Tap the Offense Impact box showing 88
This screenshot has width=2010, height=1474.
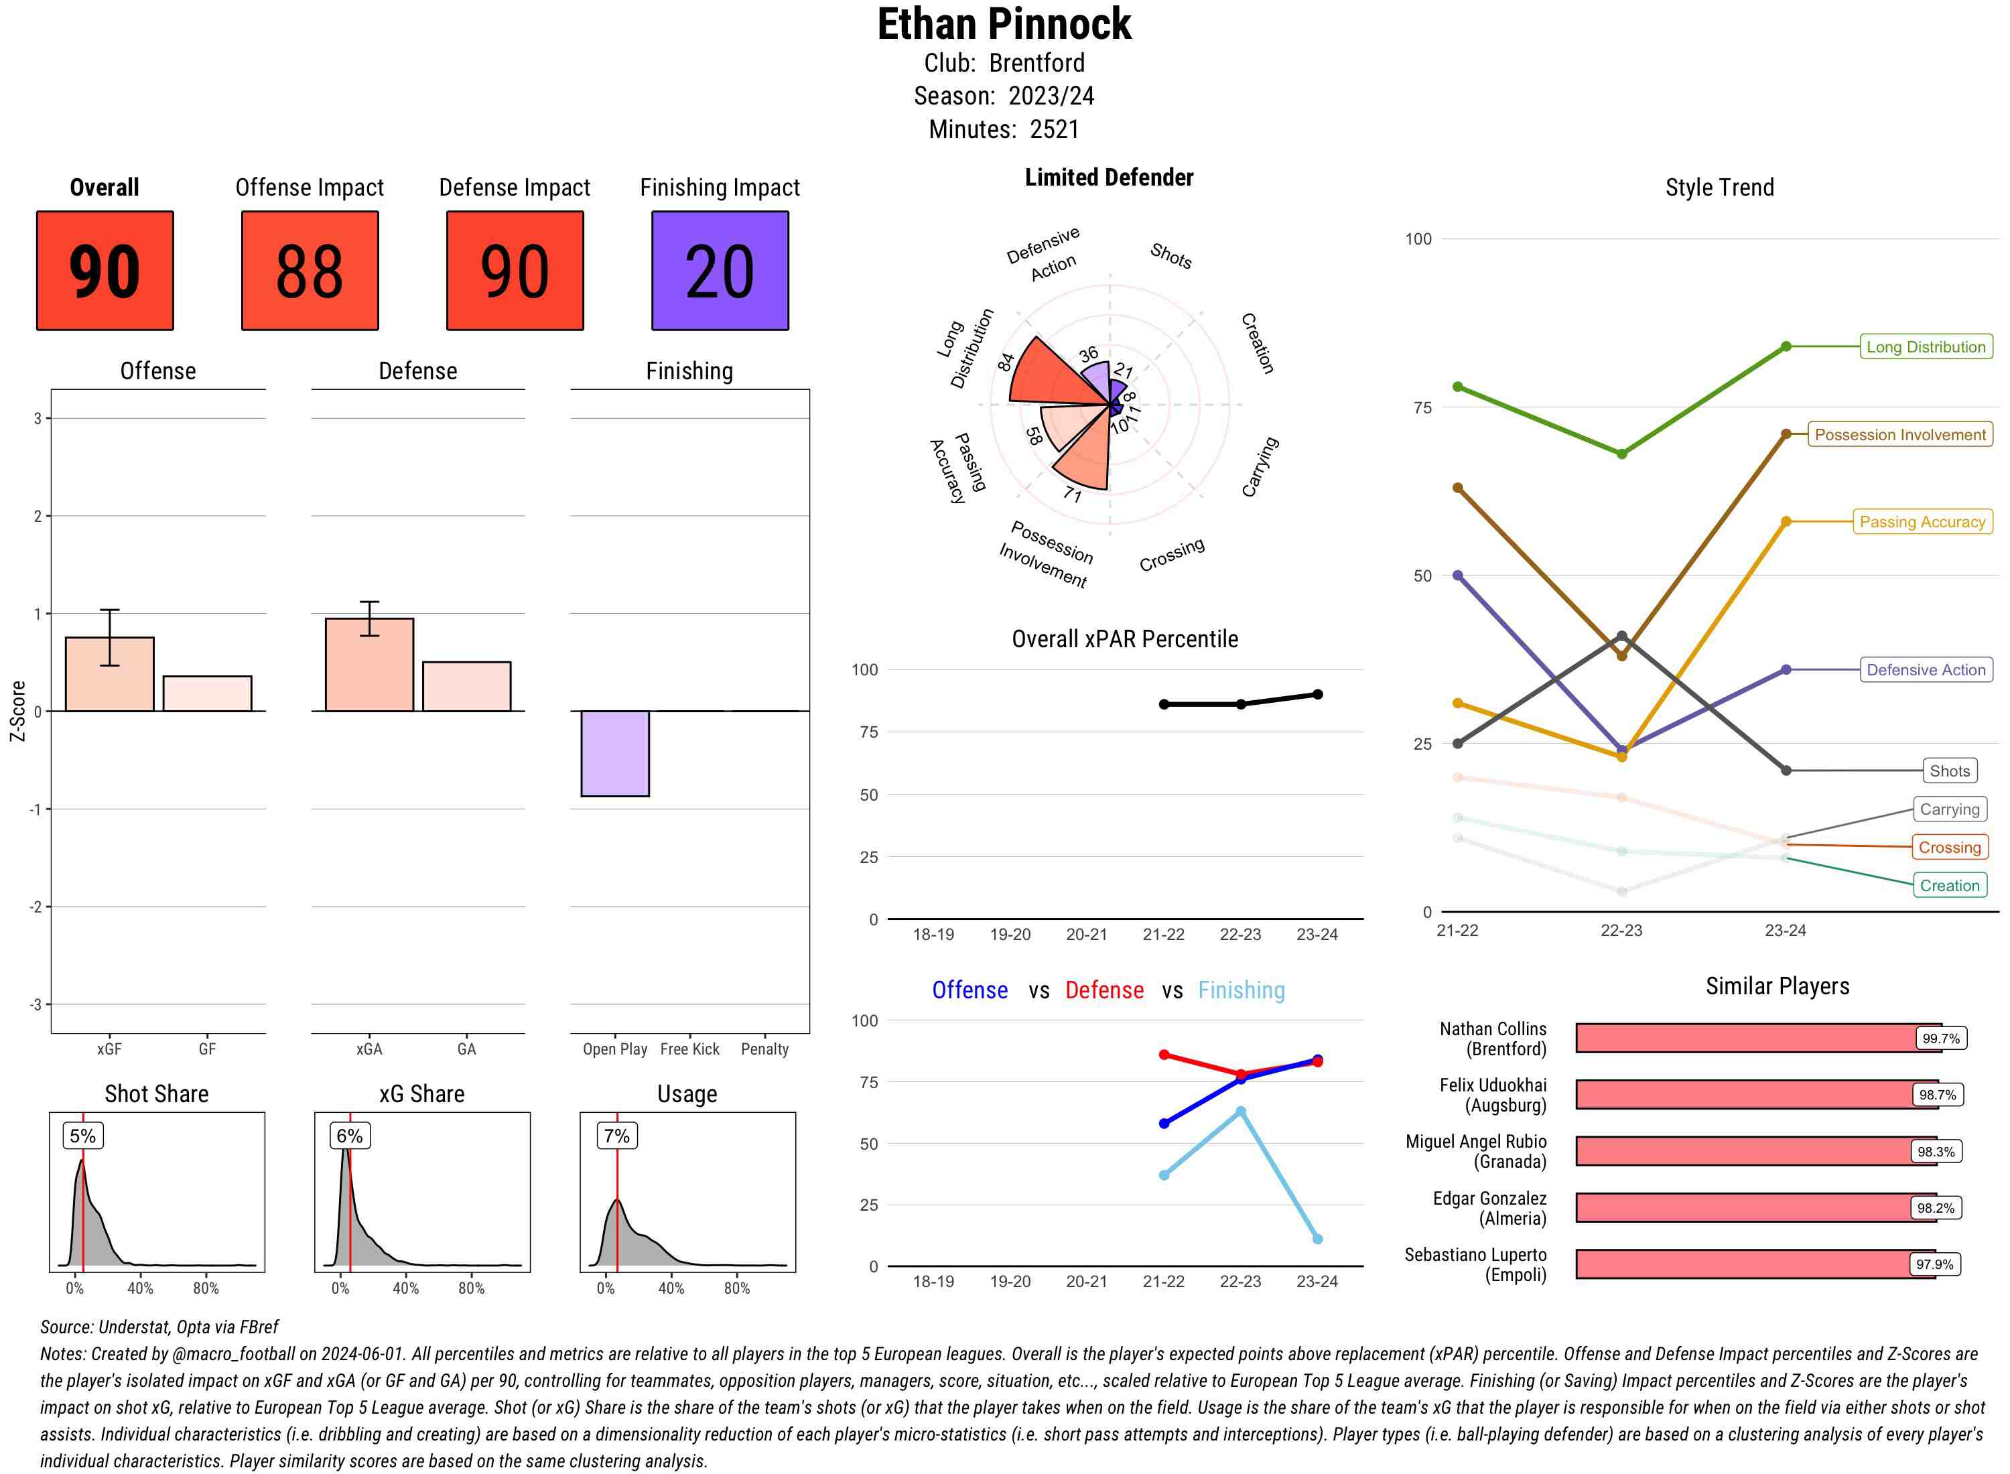(x=310, y=271)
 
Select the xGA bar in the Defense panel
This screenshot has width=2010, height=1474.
(x=369, y=665)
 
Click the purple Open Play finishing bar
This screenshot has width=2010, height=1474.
(x=614, y=753)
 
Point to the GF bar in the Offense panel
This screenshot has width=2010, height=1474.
(x=207, y=693)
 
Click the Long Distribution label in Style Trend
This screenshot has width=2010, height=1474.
(x=1926, y=347)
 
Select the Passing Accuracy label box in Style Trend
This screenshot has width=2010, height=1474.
(x=1922, y=522)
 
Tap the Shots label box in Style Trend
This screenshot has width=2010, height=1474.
(x=1948, y=771)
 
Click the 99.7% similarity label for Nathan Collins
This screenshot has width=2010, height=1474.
(x=1940, y=1038)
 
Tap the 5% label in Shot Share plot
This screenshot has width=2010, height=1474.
(x=83, y=1136)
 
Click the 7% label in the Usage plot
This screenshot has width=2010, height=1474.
(x=616, y=1136)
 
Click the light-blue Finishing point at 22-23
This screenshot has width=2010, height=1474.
(x=1240, y=1112)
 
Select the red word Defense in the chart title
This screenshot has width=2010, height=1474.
(x=1103, y=990)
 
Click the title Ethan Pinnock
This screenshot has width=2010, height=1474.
(x=1004, y=24)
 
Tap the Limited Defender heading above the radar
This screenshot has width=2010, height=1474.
(x=1108, y=178)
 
